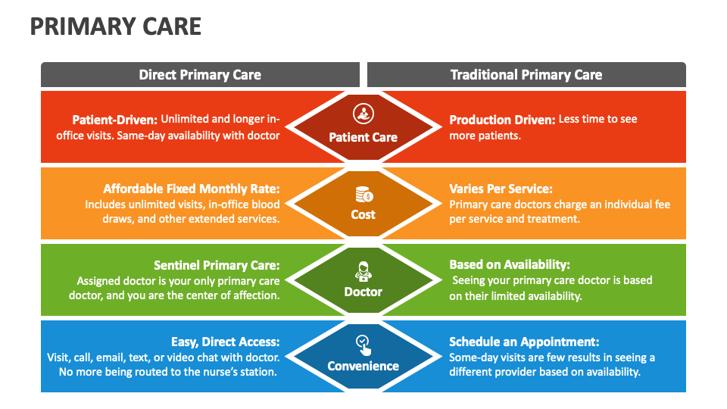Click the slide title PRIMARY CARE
(x=116, y=27)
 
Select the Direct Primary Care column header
(x=200, y=74)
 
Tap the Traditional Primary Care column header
(x=526, y=74)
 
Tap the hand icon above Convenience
(x=363, y=345)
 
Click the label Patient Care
(x=363, y=137)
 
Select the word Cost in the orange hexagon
(x=363, y=214)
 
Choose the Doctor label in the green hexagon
(x=363, y=292)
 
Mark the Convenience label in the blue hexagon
(x=363, y=367)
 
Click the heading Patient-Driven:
(x=114, y=120)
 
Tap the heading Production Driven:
(x=502, y=120)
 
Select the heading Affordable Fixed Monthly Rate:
(x=192, y=189)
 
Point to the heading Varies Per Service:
(x=501, y=189)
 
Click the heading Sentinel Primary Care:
(x=217, y=265)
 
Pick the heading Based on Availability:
(x=510, y=264)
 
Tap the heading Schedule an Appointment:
(x=524, y=342)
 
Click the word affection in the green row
(x=254, y=295)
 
